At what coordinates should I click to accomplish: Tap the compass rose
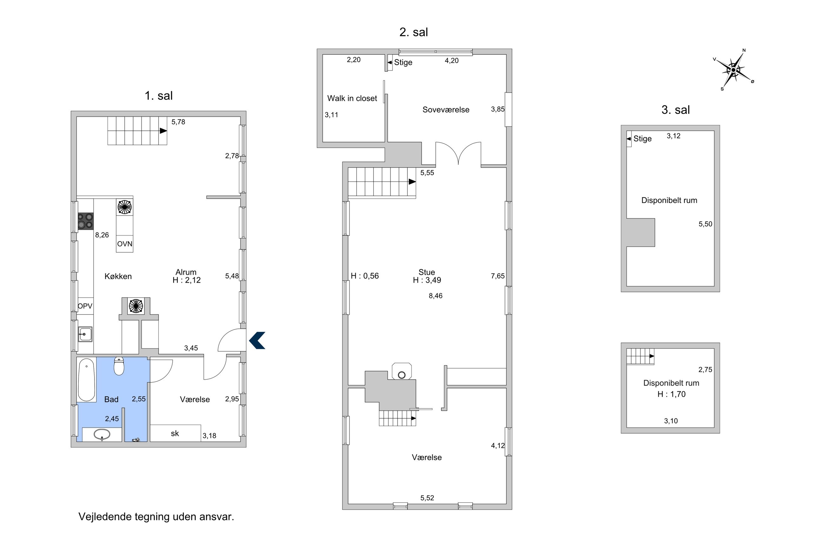[x=733, y=70]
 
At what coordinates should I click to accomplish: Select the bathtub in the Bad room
[x=87, y=380]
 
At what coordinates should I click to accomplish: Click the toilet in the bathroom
[x=119, y=366]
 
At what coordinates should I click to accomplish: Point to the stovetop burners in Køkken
[x=85, y=221]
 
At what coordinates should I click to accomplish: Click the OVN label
[x=124, y=244]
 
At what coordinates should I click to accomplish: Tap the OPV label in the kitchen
[x=85, y=306]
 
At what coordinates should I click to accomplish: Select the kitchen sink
[x=85, y=334]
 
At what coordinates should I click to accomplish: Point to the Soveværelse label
[x=445, y=109]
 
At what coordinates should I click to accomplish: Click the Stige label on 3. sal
[x=642, y=139]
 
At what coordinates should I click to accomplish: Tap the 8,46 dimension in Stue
[x=435, y=296]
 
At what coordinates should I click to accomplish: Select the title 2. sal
[x=413, y=32]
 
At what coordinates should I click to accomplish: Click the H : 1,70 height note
[x=671, y=394]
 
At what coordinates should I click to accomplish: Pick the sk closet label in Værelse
[x=175, y=434]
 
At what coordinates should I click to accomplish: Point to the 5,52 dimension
[x=427, y=498]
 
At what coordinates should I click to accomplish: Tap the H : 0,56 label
[x=365, y=276]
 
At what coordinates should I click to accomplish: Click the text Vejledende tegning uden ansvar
[x=156, y=517]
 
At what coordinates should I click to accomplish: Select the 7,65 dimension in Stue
[x=498, y=276]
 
